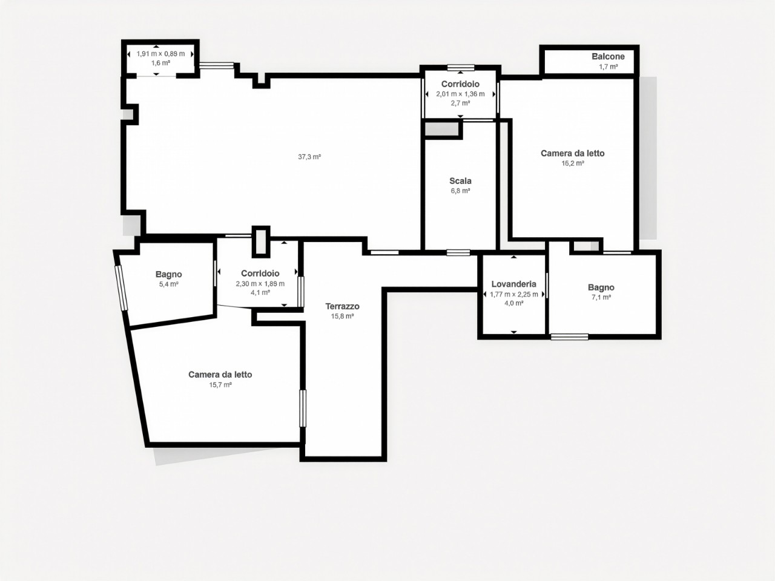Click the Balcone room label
[608, 56]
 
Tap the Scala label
[460, 181]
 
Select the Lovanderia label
[513, 284]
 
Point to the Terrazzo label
[342, 306]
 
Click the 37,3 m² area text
[309, 157]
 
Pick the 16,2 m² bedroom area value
[573, 163]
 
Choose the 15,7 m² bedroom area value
[220, 385]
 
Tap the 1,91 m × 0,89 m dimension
[160, 54]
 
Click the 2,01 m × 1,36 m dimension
[460, 94]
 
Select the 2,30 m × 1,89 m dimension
[260, 284]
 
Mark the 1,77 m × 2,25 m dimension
[513, 294]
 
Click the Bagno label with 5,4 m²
[169, 274]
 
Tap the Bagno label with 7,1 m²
[601, 287]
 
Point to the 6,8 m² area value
[460, 191]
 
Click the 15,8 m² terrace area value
[342, 317]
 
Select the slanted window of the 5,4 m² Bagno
[121, 288]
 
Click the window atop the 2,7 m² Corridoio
[460, 67]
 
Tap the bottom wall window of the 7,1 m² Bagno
[570, 337]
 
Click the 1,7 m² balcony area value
[608, 67]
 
